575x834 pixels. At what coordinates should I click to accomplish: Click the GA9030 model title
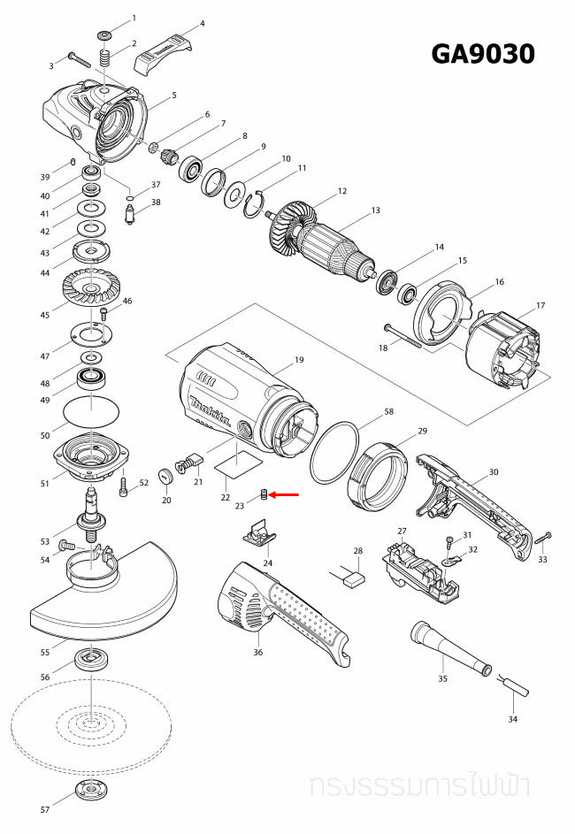tap(482, 54)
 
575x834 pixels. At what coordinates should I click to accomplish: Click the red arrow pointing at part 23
tap(285, 496)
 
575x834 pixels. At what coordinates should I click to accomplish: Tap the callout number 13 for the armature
tap(375, 210)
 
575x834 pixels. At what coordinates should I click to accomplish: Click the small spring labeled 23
tap(263, 495)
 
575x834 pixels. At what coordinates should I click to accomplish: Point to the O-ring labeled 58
tap(334, 452)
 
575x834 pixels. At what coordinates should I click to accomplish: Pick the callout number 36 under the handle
tap(258, 652)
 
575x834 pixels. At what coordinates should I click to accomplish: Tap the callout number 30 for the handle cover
tap(494, 473)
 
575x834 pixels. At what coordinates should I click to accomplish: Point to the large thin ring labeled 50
tap(93, 412)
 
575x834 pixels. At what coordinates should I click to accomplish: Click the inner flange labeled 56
tap(92, 659)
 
